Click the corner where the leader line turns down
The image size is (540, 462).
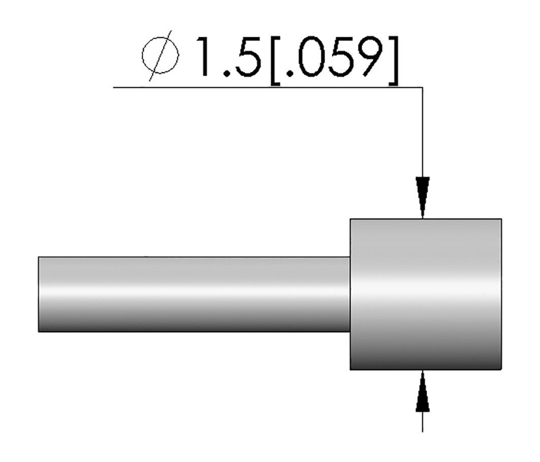[x=422, y=87]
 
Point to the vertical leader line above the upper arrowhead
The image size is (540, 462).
[x=422, y=132]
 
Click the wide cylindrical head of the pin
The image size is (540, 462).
[x=426, y=294]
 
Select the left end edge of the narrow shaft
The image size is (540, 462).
[x=38, y=294]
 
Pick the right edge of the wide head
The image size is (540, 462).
[x=501, y=294]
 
